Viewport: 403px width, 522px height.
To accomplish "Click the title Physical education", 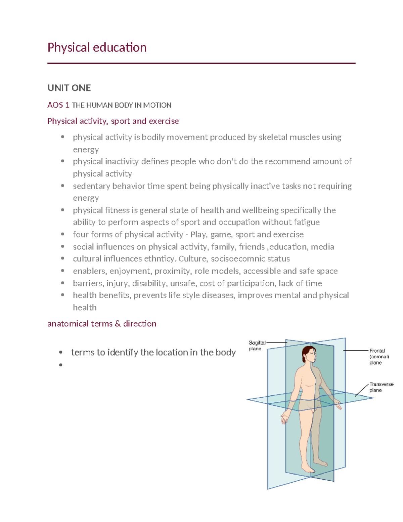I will [97, 47].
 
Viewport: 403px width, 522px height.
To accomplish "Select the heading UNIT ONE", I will [69, 88].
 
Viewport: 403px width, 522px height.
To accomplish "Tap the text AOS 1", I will [58, 105].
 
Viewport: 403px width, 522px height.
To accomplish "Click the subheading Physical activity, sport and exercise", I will [113, 121].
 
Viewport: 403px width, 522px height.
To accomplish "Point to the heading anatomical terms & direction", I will [102, 324].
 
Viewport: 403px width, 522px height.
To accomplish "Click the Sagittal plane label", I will [257, 346].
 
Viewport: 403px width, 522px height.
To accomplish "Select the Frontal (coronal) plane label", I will [379, 357].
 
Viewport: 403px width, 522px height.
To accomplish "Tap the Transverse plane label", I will [381, 387].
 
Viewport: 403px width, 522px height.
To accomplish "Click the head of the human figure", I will [309, 354].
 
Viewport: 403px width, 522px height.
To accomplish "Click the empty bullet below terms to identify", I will [61, 365].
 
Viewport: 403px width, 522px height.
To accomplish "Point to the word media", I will [322, 247].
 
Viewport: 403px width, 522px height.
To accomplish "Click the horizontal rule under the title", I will [201, 63].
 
